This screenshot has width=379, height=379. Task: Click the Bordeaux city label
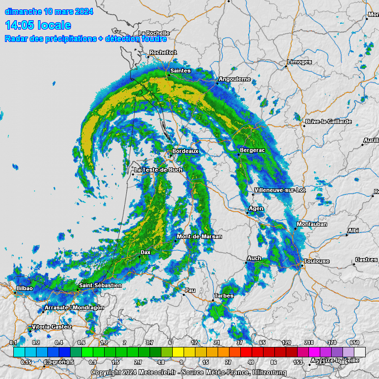(186, 151)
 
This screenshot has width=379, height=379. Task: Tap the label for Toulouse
(317, 261)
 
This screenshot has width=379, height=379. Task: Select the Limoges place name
(300, 62)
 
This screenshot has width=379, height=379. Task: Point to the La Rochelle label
(154, 33)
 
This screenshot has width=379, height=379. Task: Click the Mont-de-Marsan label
(199, 236)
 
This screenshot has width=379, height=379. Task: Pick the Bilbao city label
(25, 288)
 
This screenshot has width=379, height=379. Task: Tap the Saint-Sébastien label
(100, 285)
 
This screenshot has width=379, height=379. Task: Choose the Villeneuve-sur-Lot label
(280, 190)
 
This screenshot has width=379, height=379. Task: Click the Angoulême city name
(234, 79)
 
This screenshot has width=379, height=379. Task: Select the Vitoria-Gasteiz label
(52, 327)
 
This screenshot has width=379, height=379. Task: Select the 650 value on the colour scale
(355, 342)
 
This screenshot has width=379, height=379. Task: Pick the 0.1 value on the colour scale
(13, 342)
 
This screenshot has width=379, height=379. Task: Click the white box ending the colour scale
(360, 351)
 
